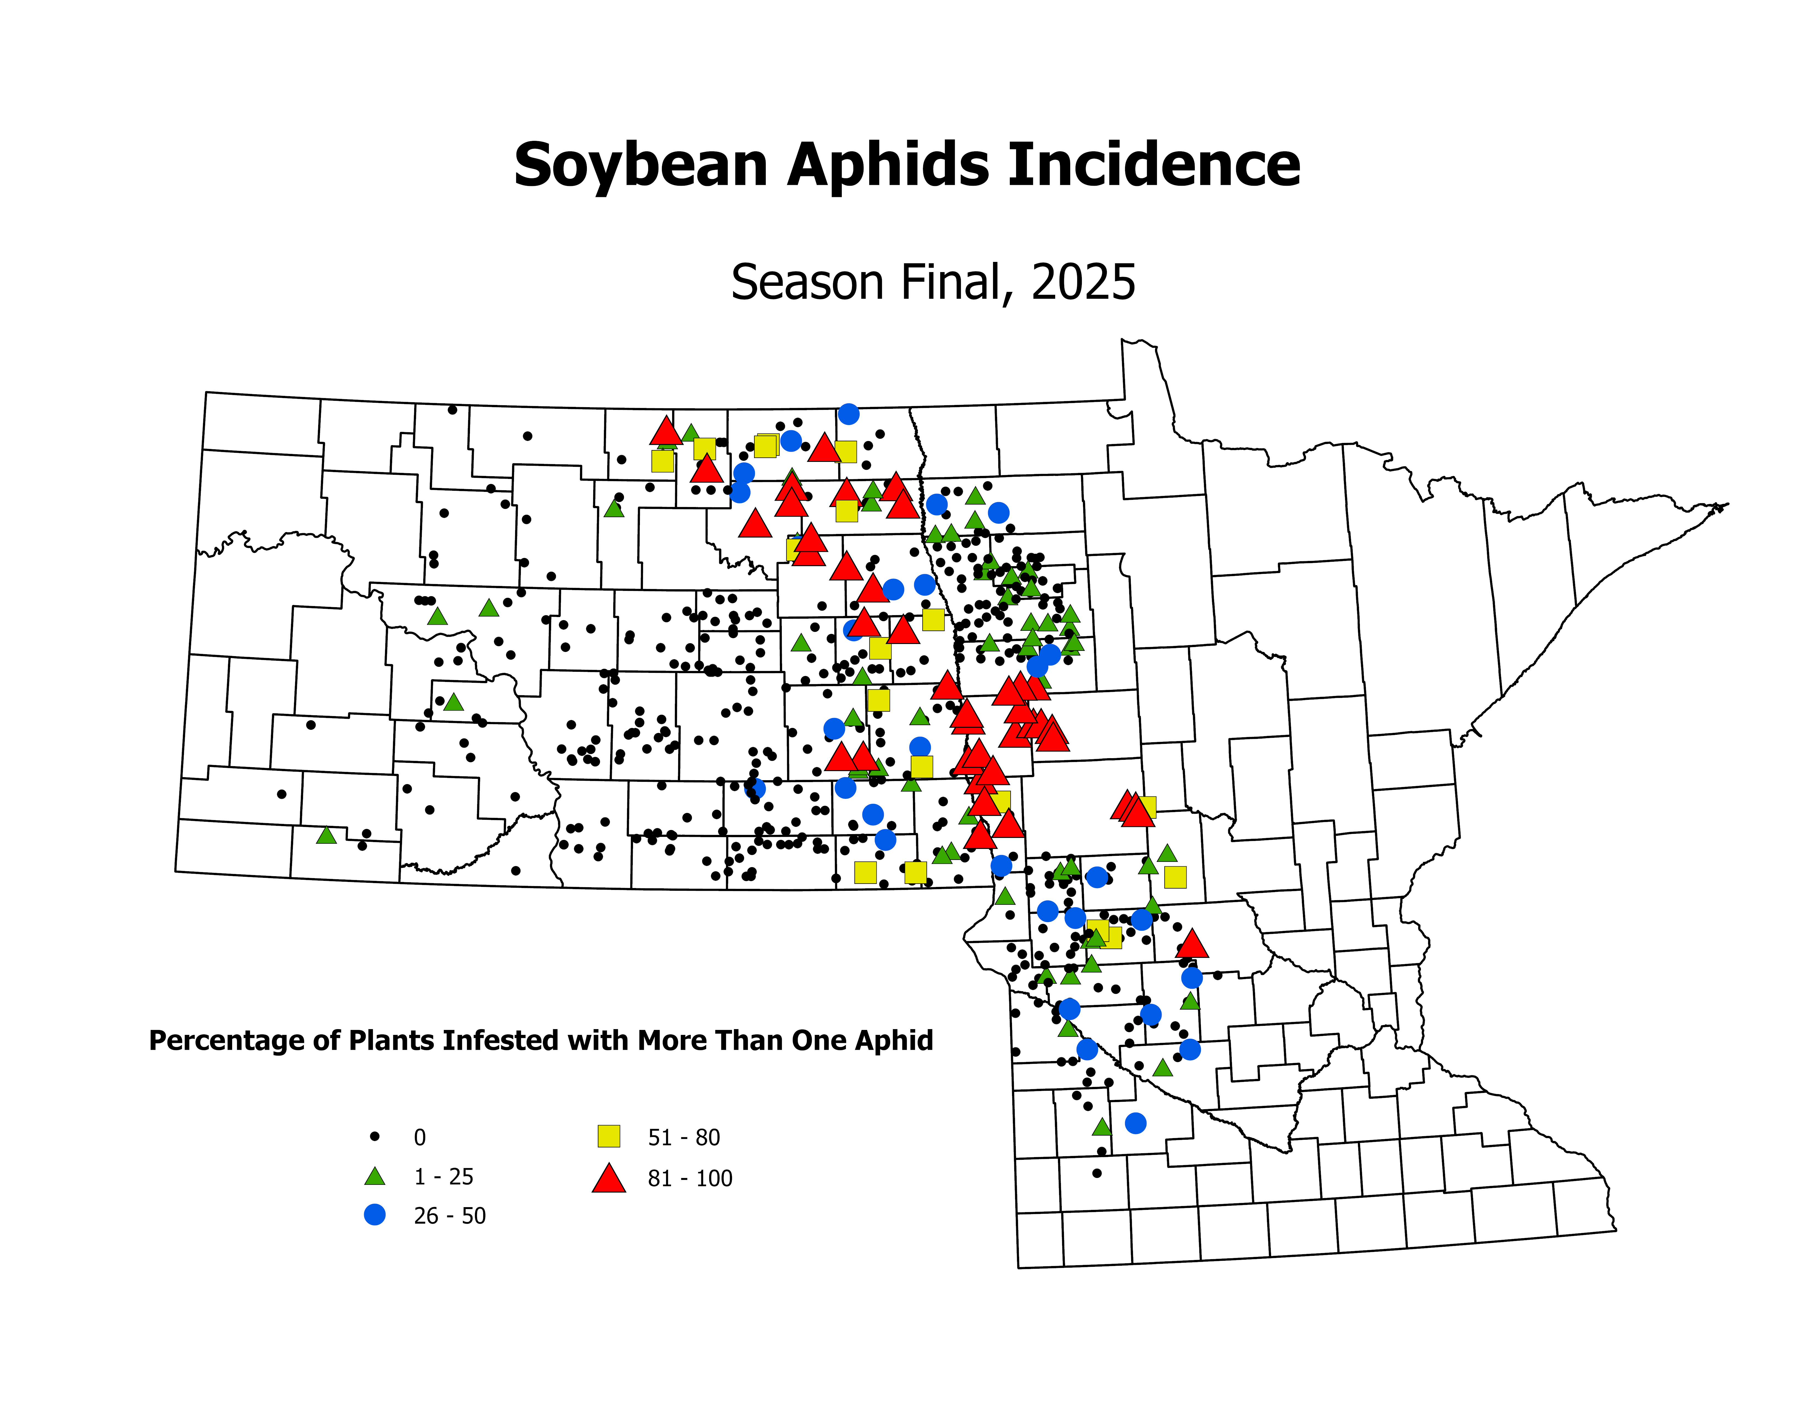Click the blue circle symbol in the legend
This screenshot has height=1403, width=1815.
375,1215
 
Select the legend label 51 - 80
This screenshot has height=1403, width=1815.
684,1137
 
